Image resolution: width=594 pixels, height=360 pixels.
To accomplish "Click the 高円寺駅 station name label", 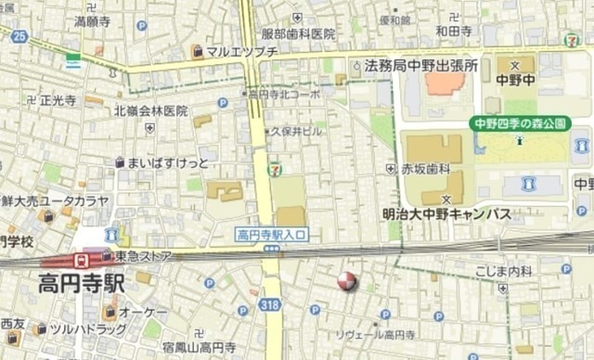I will pyautogui.click(x=82, y=284).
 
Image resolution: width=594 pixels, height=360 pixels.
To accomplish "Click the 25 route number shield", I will pyautogui.click(x=20, y=36).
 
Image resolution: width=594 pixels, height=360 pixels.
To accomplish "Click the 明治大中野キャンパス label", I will pyautogui.click(x=446, y=213).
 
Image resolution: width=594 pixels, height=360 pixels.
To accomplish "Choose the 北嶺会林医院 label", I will pyautogui.click(x=151, y=110).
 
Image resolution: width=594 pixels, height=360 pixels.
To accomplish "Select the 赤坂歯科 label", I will pyautogui.click(x=425, y=169).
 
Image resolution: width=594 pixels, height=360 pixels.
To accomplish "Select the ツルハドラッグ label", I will pyautogui.click(x=88, y=329).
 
